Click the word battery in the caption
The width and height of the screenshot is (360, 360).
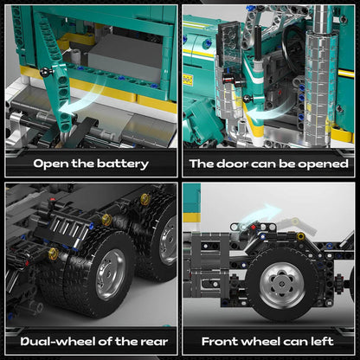[x=117, y=164]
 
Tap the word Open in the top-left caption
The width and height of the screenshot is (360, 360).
[x=48, y=164]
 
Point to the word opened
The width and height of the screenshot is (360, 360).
[x=322, y=164]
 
